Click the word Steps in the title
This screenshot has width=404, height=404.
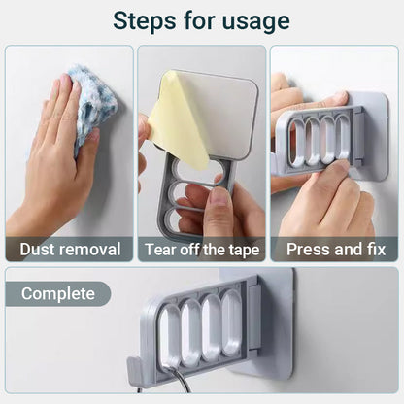pos(146,20)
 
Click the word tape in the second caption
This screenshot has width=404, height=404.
pos(244,251)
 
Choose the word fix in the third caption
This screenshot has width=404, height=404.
pos(376,250)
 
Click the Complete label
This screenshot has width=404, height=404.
pos(58,294)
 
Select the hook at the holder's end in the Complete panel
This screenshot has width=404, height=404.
pos(135,369)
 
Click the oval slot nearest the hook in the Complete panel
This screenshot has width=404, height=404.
pos(169,337)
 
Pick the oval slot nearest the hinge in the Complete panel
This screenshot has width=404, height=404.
pos(231,321)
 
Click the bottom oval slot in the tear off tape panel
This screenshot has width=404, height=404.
pos(182,219)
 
